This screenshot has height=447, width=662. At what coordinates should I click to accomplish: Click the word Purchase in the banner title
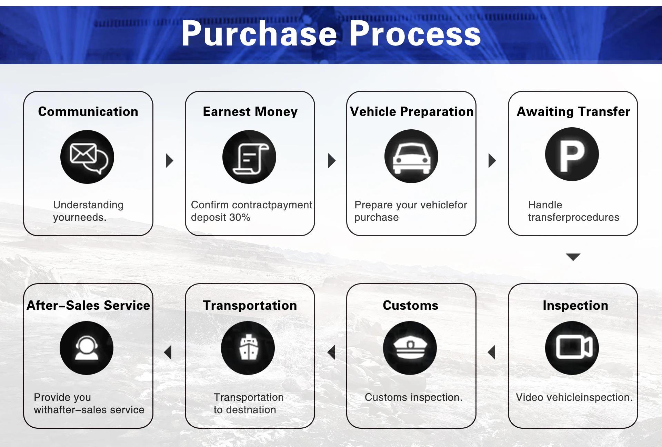coord(259,34)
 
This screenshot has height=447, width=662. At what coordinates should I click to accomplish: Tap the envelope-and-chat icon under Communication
coord(87,157)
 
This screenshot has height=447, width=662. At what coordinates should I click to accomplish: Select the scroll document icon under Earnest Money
coord(249,157)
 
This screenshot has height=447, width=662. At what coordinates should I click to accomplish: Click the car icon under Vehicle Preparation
coord(411,156)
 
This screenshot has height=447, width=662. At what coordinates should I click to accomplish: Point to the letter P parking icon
coord(572,154)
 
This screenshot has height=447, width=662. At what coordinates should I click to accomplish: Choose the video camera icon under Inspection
coord(572,348)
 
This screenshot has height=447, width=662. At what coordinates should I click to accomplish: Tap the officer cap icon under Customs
coord(410,348)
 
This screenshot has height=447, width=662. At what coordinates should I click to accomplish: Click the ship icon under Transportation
coord(248,348)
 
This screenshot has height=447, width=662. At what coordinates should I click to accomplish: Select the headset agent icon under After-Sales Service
coord(87,348)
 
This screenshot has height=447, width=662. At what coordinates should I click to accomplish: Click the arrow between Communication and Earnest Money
coord(169,161)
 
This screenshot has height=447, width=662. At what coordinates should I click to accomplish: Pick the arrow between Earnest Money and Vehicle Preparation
coord(331,161)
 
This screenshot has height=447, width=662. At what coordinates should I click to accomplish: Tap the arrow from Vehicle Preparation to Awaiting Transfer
coord(492,161)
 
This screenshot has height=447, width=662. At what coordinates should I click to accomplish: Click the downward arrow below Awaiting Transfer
coord(573,257)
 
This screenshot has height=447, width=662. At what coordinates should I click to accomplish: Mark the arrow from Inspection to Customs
coord(492,352)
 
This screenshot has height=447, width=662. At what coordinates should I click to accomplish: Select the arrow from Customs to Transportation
coord(331,352)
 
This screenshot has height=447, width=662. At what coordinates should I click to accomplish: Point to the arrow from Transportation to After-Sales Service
coord(168,352)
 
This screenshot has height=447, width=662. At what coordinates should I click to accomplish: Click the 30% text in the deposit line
coord(240,218)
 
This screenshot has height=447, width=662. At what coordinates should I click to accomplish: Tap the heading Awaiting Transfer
coord(573,112)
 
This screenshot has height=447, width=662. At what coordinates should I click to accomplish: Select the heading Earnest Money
coord(250,112)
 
